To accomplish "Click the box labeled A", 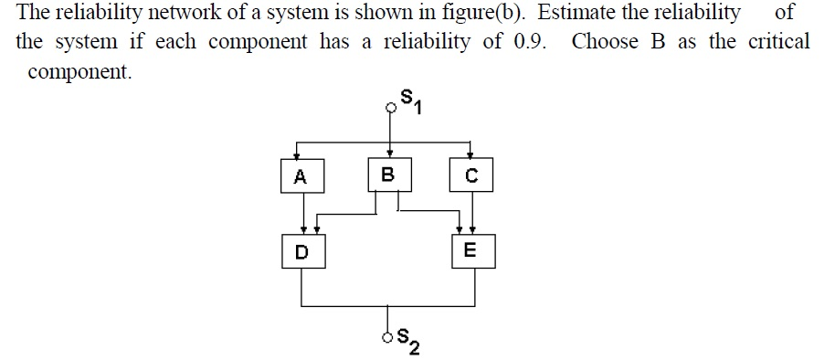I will (301, 177).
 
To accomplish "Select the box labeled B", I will (388, 175).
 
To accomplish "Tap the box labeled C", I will (471, 176).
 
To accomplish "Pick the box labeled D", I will (301, 251).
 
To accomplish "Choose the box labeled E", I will (470, 250).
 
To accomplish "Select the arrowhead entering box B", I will (390, 154).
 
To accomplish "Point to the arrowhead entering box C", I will (470, 157).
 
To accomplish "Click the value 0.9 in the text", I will (524, 42).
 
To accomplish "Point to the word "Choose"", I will (605, 42).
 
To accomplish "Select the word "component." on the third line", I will (80, 73).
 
